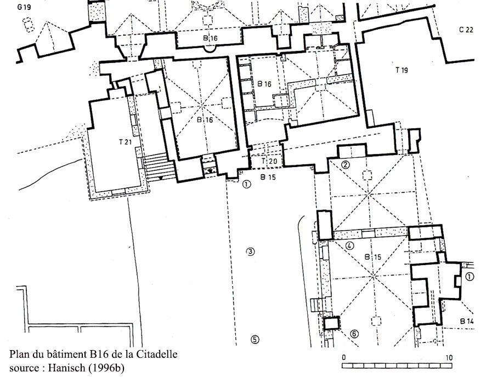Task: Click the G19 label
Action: (x=24, y=7)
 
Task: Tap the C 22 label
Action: (x=466, y=30)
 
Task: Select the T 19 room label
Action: (x=402, y=70)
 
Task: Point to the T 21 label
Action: (x=126, y=142)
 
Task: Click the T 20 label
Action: (x=269, y=161)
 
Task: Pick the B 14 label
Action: (x=467, y=322)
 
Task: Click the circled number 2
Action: (x=345, y=164)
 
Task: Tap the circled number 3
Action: (x=250, y=251)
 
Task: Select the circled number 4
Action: (x=349, y=246)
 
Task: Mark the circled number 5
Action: (x=255, y=340)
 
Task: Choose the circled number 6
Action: (x=354, y=334)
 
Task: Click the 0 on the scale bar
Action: (x=344, y=358)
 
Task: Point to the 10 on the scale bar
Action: (x=449, y=358)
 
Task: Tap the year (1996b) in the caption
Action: (x=106, y=368)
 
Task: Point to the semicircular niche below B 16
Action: (x=210, y=49)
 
